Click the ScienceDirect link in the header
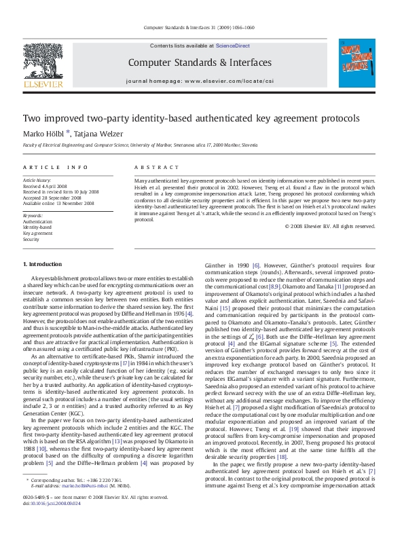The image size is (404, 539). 232,46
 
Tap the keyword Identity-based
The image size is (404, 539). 37,227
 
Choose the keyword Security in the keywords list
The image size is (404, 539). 31,240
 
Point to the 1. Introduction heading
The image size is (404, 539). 42,264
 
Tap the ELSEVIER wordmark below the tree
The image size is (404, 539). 43,86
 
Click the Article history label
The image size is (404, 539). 37,181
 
